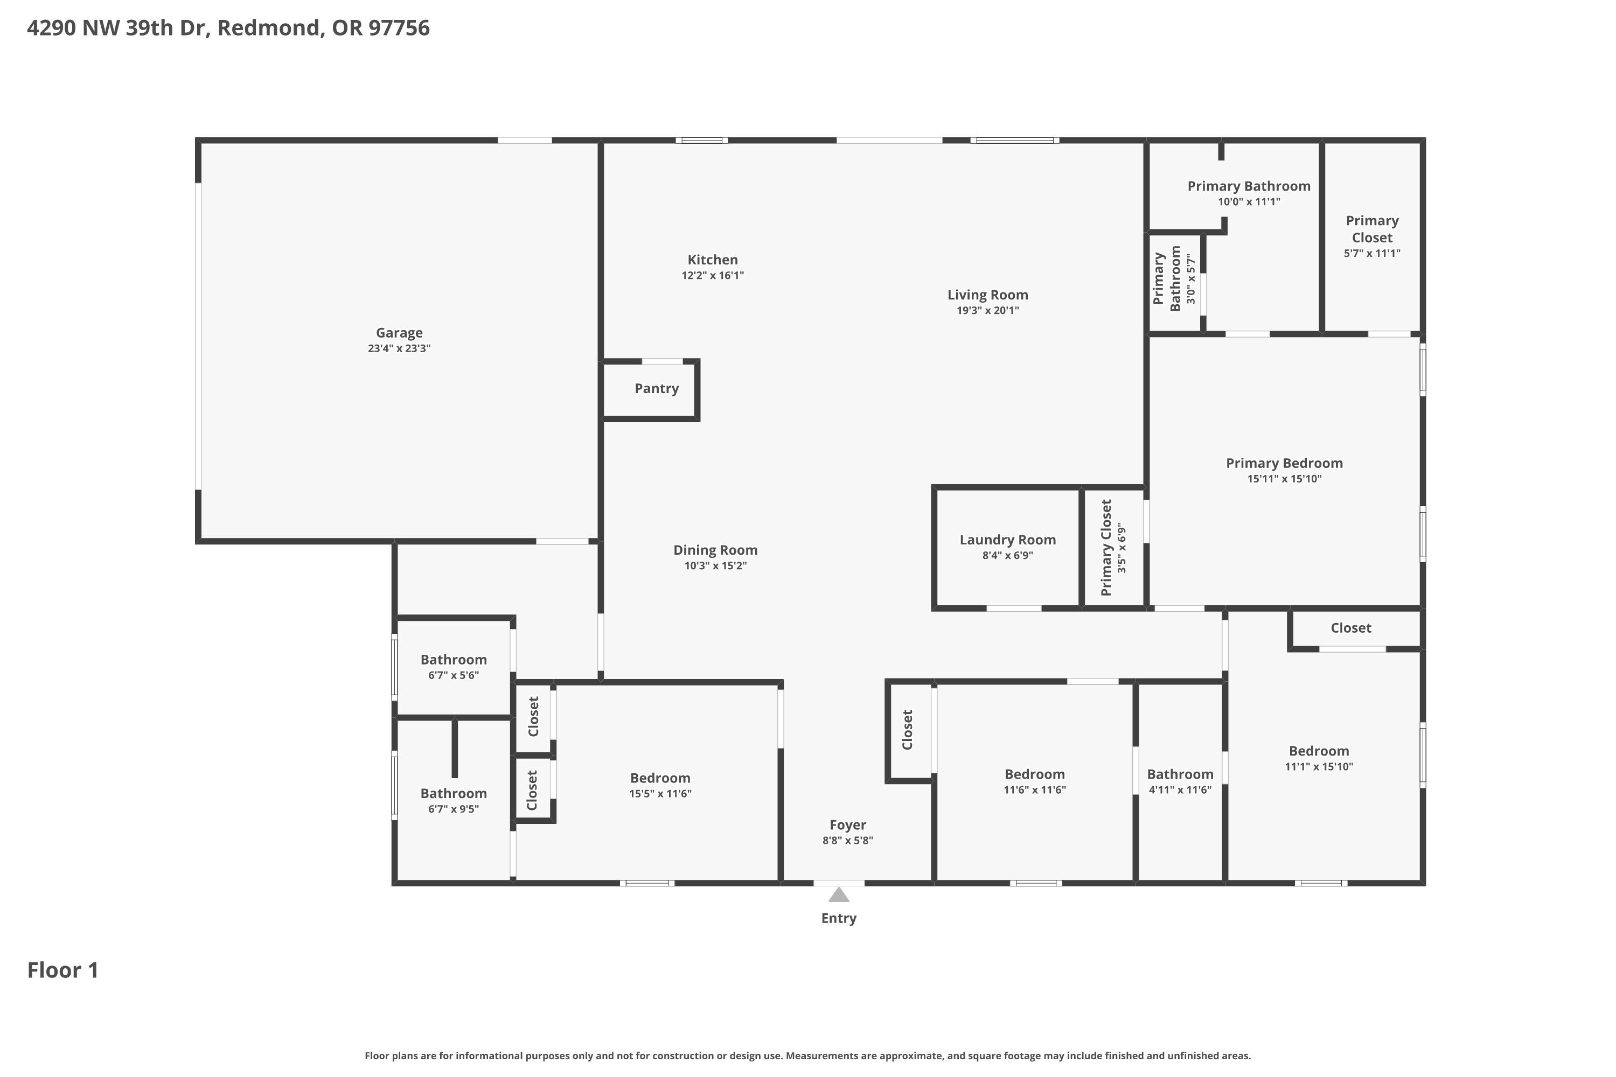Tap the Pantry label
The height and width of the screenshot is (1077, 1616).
(656, 389)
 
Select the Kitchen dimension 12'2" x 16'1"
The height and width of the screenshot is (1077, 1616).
(713, 275)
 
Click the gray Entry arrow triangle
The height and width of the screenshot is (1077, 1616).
(838, 895)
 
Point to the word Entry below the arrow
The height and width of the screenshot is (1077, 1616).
(838, 918)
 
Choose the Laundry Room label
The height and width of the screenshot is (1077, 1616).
(1007, 540)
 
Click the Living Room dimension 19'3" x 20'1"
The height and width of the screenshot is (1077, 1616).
(987, 311)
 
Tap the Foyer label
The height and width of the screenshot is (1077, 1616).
(847, 825)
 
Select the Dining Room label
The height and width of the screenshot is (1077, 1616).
(715, 550)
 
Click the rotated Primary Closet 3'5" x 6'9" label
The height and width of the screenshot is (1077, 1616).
(1113, 548)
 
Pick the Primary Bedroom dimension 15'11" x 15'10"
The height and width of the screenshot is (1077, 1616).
(1284, 479)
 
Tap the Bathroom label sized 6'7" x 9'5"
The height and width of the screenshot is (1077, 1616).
(454, 794)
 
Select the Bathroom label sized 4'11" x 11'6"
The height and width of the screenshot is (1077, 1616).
(1180, 775)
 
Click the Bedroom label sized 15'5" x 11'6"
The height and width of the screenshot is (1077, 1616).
(659, 778)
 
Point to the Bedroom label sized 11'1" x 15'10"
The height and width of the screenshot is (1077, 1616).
(1319, 751)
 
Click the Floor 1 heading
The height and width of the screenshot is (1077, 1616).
(62, 970)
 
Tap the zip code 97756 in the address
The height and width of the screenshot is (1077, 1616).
(399, 28)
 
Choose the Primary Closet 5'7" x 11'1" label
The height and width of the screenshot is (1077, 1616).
(1371, 229)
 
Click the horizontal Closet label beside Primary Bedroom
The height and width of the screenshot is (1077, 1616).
(1350, 628)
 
